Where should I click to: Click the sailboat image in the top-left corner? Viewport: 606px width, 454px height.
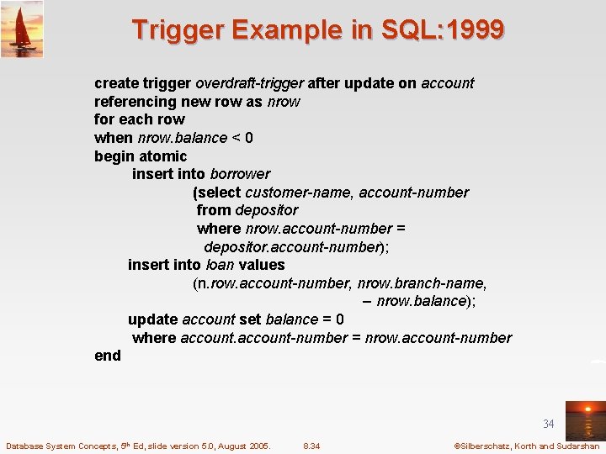tap(22, 29)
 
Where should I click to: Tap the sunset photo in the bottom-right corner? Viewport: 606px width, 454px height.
tap(584, 420)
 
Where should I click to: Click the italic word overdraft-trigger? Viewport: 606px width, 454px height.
tap(250, 83)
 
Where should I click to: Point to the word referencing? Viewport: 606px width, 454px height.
tap(135, 102)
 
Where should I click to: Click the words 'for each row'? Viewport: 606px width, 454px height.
tap(139, 119)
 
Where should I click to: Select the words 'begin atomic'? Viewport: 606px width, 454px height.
tap(141, 156)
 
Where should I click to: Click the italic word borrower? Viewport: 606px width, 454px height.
tap(240, 174)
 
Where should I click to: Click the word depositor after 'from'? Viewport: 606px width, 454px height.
tap(267, 210)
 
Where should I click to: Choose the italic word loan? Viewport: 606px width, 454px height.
tap(220, 265)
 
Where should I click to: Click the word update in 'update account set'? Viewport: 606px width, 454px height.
tap(152, 319)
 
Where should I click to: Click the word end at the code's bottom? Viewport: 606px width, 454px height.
tap(108, 356)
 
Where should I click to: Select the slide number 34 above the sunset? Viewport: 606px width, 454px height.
tap(549, 425)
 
